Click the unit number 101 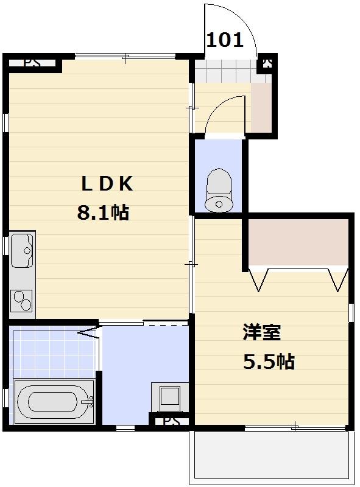pyautogui.click(x=225, y=41)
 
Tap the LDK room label pyautogui.click(x=107, y=183)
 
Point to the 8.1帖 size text pyautogui.click(x=102, y=212)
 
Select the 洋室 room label pyautogui.click(x=261, y=333)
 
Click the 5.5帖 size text pyautogui.click(x=269, y=362)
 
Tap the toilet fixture pyautogui.click(x=219, y=191)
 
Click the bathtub pyautogui.click(x=54, y=401)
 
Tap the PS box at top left pyautogui.click(x=34, y=63)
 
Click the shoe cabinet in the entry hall pyautogui.click(x=261, y=107)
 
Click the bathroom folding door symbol pyautogui.click(x=89, y=332)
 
